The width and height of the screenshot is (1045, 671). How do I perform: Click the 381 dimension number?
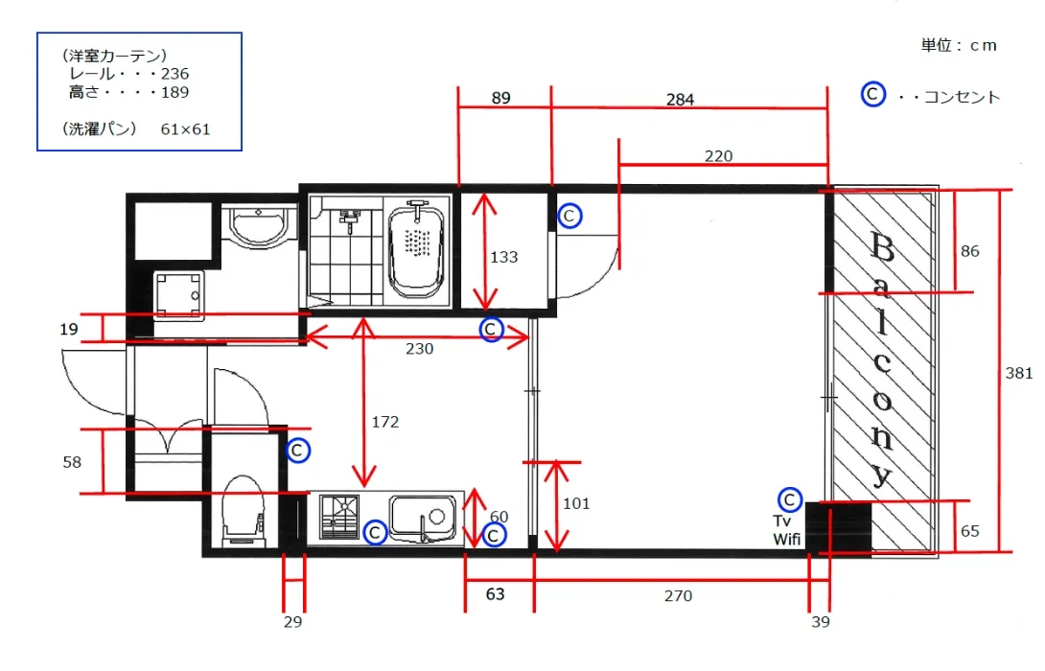tap(1018, 373)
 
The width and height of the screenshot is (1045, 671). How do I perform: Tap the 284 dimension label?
tap(680, 100)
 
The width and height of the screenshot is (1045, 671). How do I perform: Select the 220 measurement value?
tap(718, 156)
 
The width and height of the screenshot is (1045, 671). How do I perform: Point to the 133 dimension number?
tap(504, 257)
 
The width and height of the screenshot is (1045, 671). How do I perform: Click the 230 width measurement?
tap(419, 349)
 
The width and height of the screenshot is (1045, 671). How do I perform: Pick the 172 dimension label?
tap(385, 422)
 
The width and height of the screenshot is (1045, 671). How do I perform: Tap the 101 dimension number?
tap(576, 504)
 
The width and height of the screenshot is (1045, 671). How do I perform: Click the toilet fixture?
tap(244, 510)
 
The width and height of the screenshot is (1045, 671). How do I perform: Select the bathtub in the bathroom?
tap(416, 251)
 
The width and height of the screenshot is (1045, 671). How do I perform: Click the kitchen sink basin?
tap(423, 519)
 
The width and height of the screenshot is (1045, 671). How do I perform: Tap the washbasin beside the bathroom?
tap(259, 224)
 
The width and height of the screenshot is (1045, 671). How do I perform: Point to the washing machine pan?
tap(178, 296)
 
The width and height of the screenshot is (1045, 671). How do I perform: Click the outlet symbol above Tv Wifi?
tap(790, 499)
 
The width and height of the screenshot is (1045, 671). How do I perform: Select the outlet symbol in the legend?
tap(872, 94)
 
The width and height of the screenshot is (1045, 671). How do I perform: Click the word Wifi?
tap(786, 539)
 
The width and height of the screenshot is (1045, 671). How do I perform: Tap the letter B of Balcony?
tap(882, 248)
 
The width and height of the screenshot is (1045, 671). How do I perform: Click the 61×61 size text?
tap(185, 129)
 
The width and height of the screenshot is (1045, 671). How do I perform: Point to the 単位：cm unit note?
tap(959, 45)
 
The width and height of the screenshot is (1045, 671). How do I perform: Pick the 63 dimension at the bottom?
tap(495, 593)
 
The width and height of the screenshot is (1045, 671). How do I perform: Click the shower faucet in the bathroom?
tap(350, 219)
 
